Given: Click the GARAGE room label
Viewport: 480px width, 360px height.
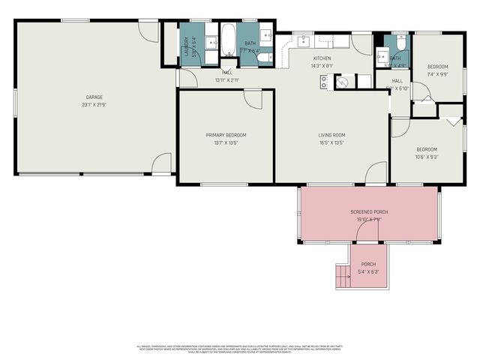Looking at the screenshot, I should tap(94, 97).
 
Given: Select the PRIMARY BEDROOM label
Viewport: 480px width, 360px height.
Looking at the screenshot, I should tap(226, 135).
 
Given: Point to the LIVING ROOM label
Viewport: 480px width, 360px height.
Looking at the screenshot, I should tap(331, 135).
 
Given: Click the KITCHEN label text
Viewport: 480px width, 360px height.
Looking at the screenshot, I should tap(322, 58).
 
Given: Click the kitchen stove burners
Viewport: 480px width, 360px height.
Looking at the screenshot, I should tap(324, 82).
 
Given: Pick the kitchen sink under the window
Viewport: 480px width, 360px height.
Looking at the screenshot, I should tap(303, 41).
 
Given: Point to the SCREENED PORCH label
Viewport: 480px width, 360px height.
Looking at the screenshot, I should tap(369, 212).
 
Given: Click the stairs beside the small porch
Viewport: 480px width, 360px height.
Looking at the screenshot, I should tap(343, 278).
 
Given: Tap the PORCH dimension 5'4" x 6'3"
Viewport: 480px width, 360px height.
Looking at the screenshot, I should tap(369, 271).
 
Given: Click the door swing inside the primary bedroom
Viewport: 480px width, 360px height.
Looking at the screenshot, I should tap(254, 100).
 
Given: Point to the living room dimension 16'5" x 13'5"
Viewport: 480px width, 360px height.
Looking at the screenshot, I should tap(331, 142).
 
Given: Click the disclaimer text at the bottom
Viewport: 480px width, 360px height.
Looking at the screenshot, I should tap(239, 349).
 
